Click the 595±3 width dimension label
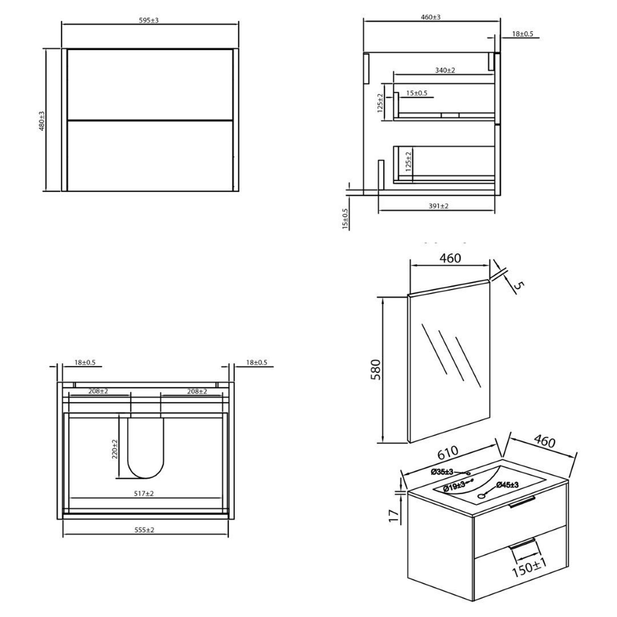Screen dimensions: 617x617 [x=149, y=20]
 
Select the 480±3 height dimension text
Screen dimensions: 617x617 [x=42, y=121]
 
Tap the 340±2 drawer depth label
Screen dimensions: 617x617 [x=445, y=70]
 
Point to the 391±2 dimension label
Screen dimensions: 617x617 [x=438, y=206]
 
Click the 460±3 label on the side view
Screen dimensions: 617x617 [x=430, y=17]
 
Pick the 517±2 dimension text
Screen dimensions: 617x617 [x=144, y=493]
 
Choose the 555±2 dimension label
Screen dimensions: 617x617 [x=144, y=530]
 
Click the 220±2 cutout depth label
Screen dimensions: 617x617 [x=115, y=449]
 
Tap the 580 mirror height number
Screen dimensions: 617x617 [x=376, y=370]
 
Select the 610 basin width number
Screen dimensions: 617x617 [x=448, y=453]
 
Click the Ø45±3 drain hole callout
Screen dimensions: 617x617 [x=507, y=485]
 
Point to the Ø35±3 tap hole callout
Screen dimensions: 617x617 [x=442, y=472]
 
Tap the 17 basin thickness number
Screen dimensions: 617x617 [x=394, y=516]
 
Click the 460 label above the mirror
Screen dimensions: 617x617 [x=450, y=258]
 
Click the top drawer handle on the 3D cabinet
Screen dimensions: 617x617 [x=522, y=501]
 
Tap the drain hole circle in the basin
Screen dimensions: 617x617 [x=482, y=496]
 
